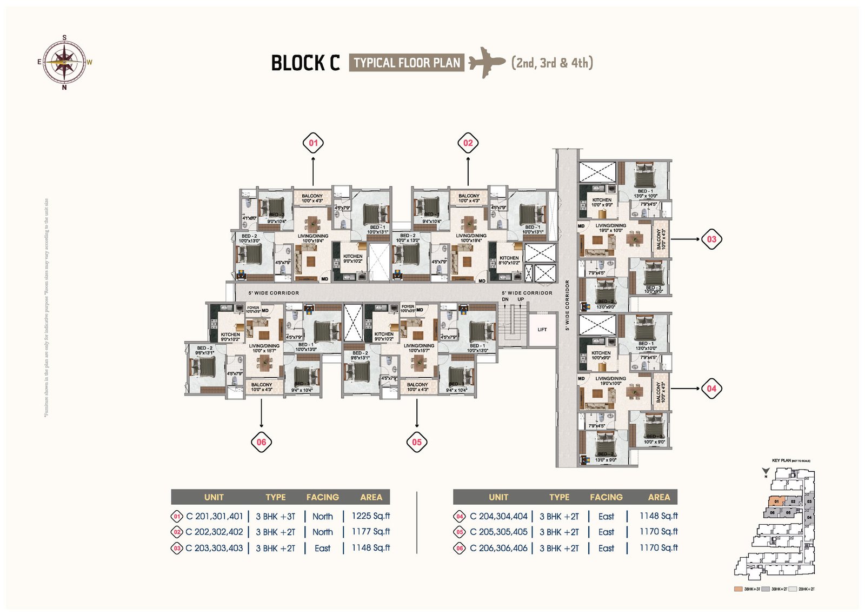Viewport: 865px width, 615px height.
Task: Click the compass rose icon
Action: (64, 62)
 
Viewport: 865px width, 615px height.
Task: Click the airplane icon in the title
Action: (487, 62)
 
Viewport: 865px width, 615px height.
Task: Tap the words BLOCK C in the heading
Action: (305, 63)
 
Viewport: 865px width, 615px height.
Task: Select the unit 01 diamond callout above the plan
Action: (313, 143)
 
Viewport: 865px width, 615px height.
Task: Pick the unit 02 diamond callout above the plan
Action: (468, 143)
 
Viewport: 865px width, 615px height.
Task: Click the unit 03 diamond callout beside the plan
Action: (711, 239)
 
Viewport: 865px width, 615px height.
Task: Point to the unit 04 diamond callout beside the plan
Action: (711, 389)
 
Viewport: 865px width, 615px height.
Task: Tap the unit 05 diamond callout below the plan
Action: (417, 442)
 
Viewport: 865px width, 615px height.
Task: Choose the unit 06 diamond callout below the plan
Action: (262, 442)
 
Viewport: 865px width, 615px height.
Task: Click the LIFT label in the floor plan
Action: (542, 330)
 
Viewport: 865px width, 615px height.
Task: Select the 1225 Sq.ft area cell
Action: (371, 516)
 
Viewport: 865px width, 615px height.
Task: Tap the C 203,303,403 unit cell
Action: (214, 548)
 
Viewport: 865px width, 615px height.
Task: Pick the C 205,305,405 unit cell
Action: (498, 532)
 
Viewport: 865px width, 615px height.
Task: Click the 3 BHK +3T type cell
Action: (276, 516)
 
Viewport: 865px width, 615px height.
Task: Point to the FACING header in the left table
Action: (323, 497)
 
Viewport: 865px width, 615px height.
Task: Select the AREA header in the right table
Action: (659, 497)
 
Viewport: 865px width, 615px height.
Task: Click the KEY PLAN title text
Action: (782, 460)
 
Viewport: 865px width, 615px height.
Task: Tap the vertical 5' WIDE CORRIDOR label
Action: (567, 305)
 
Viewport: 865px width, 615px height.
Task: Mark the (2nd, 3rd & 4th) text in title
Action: (552, 63)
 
